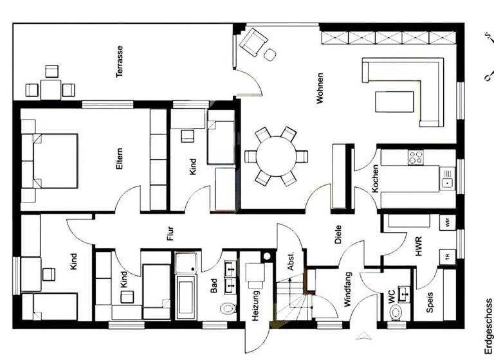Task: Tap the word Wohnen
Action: [x=320, y=88]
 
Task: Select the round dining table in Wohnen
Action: [x=276, y=156]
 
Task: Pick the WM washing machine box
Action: [x=448, y=223]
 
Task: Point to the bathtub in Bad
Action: [x=185, y=297]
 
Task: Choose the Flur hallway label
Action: [x=170, y=233]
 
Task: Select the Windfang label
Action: [x=348, y=294]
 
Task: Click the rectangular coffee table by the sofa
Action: [x=394, y=102]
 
